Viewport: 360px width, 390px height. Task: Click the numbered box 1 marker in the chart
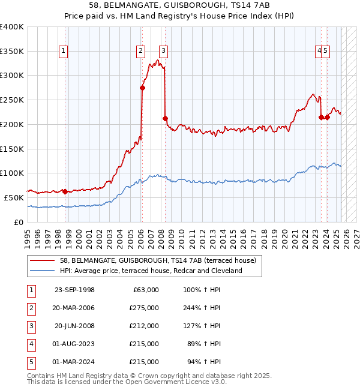click(64, 51)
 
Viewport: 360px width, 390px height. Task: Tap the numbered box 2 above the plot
click(141, 51)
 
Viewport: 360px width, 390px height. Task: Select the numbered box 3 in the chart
click(163, 51)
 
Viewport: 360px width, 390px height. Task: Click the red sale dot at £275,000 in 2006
click(142, 88)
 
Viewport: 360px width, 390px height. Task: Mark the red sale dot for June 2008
click(165, 118)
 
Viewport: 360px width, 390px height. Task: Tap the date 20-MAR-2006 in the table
click(74, 308)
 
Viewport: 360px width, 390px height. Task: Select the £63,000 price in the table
click(144, 290)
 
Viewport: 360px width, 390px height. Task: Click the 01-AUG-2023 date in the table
click(74, 344)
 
